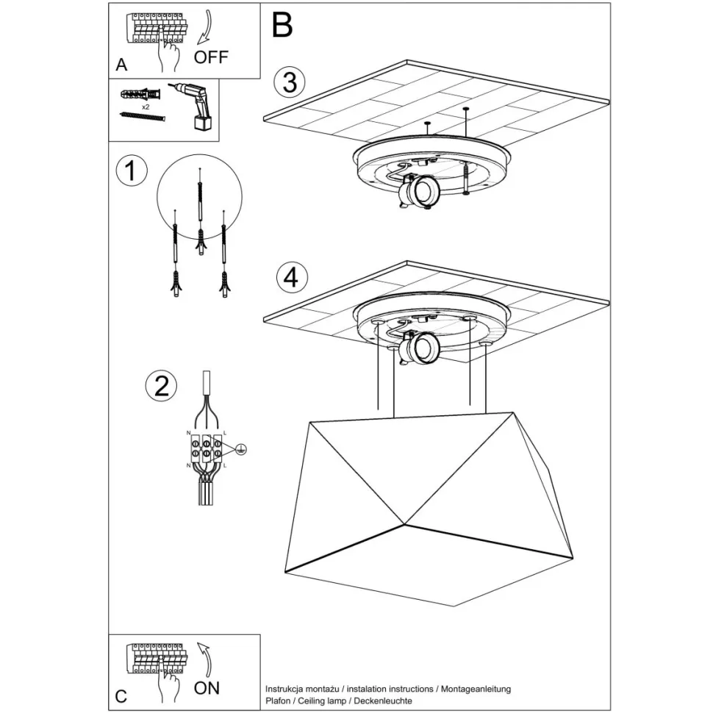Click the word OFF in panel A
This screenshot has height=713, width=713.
pos(210,57)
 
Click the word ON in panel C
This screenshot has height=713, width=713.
pos(207,688)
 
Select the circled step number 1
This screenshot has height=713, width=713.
pos(132,171)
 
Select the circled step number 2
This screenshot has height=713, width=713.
pos(161,386)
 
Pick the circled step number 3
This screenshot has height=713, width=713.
pos(290,82)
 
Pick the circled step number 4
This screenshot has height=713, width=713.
pos(292,277)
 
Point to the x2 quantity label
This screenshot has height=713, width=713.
pos(146,107)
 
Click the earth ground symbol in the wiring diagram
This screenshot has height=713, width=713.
pos(241,450)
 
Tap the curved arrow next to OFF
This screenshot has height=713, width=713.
pos(206,27)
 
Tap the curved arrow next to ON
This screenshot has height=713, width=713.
pos(206,660)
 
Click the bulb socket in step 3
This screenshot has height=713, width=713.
pos(419,191)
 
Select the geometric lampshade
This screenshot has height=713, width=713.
pos(429,509)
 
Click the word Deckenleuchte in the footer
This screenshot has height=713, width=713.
pos(383,701)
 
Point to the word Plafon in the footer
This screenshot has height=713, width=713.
pos(278,701)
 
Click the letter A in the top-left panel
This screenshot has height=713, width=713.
pos(121,65)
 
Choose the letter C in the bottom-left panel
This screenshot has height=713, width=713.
pos(121,696)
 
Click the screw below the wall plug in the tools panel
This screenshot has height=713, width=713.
pos(143,117)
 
